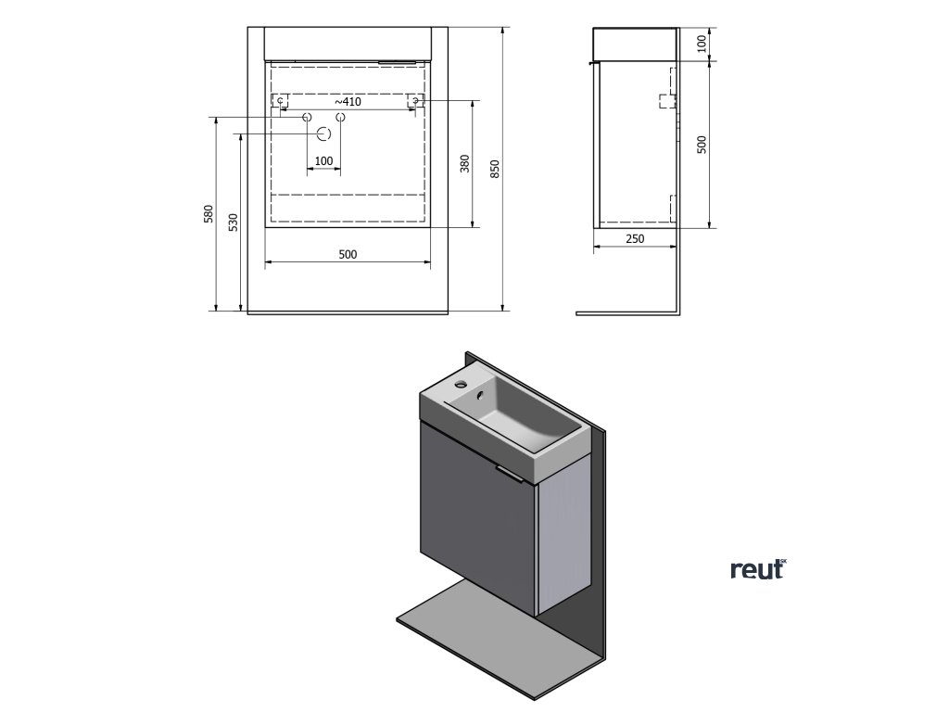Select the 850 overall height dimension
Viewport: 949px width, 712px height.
[x=495, y=169]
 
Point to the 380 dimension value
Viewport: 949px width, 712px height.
[x=465, y=163]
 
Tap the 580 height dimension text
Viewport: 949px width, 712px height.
[x=209, y=214]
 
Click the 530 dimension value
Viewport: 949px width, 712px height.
[x=234, y=222]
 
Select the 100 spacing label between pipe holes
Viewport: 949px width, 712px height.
[x=323, y=161]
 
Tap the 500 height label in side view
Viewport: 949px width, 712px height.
[x=702, y=145]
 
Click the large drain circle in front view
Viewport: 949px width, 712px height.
[x=323, y=134]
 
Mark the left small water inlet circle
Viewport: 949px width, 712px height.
[x=307, y=118]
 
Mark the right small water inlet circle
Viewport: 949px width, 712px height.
[x=340, y=118]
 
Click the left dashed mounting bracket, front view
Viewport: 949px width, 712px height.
[x=280, y=100]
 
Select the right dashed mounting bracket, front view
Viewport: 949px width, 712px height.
[x=416, y=100]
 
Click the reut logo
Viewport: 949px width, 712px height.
[x=757, y=570]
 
